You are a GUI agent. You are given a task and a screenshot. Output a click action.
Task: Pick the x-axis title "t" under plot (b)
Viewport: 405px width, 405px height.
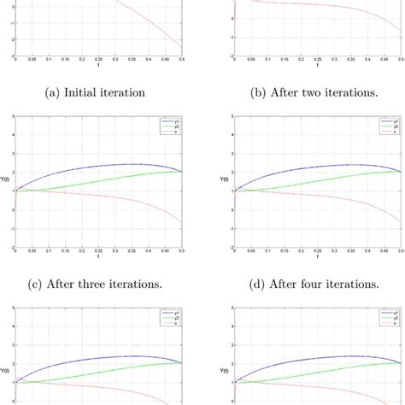coord(319,67)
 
